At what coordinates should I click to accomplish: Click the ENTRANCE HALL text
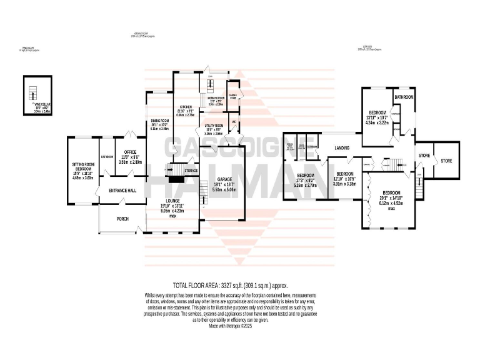122,191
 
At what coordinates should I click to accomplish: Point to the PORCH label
122,219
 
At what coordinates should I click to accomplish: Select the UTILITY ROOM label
214,126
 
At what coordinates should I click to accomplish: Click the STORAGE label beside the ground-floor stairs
191,170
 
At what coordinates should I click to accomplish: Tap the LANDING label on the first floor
342,148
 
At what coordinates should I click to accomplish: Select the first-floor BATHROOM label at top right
404,97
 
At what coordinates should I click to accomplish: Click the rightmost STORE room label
446,161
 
